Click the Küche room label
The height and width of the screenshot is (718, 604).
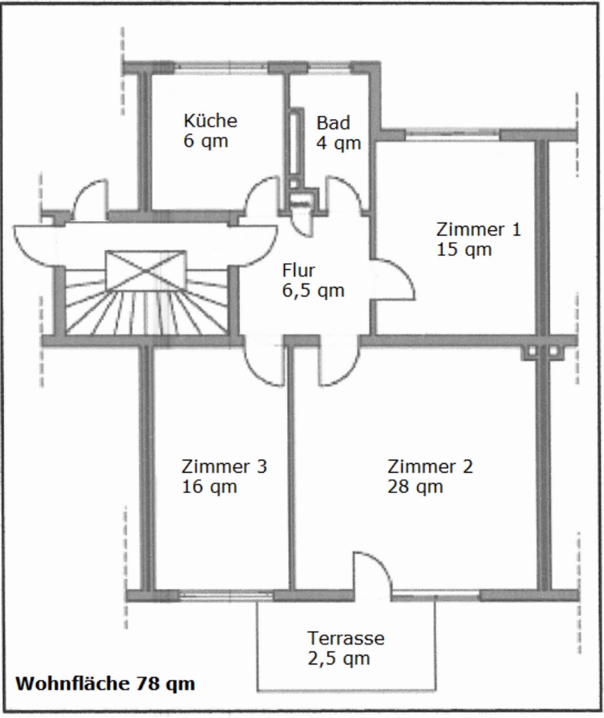(210, 121)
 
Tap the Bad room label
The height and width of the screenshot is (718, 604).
(333, 123)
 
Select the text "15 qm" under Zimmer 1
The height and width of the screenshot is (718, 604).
(464, 249)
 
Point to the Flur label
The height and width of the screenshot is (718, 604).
(298, 271)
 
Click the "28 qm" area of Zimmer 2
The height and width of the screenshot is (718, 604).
(415, 486)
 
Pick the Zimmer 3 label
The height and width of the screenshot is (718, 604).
(224, 466)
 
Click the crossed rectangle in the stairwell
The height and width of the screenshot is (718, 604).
(146, 271)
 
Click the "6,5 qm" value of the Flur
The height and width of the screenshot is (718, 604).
(313, 291)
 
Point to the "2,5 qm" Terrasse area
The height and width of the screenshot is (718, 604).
(338, 659)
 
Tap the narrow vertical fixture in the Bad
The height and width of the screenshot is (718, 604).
(296, 144)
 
